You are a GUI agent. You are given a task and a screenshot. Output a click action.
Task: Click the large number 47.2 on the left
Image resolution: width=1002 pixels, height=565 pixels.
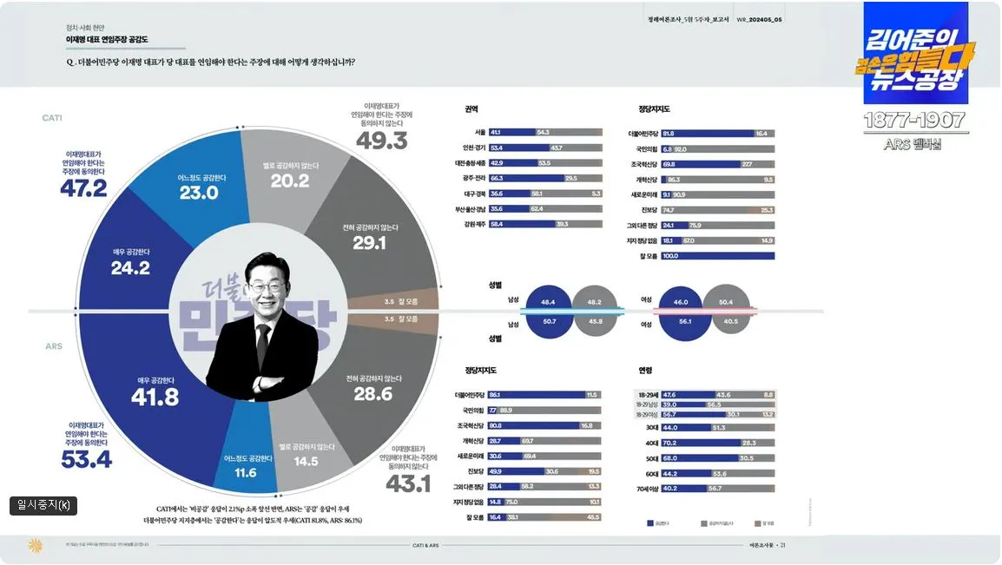[x=83, y=187]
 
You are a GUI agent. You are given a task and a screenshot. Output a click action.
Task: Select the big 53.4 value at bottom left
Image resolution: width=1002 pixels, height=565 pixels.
[x=86, y=459]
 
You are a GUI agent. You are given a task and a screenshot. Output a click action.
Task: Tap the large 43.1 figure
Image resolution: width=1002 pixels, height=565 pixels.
[x=408, y=483]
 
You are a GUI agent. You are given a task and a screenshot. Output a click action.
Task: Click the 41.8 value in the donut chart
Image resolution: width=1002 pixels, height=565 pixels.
[x=155, y=397]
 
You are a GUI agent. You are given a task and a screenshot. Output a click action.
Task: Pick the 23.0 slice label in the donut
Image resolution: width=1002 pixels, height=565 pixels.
[x=199, y=193]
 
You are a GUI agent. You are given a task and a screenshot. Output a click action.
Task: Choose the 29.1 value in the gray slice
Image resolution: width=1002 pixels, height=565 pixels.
[x=369, y=244]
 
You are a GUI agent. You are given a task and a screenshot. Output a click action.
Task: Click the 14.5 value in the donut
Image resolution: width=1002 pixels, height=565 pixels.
[x=306, y=461]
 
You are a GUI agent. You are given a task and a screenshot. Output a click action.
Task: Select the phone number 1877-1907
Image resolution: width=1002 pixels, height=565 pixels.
[x=914, y=121]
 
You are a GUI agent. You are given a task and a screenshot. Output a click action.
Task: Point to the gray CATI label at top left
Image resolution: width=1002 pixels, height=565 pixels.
[x=52, y=117]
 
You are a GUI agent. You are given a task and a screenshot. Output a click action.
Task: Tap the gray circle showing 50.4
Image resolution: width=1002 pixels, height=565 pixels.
[x=726, y=302]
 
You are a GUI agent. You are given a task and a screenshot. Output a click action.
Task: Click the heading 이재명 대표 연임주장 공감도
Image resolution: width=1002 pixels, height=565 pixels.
[x=106, y=39]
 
